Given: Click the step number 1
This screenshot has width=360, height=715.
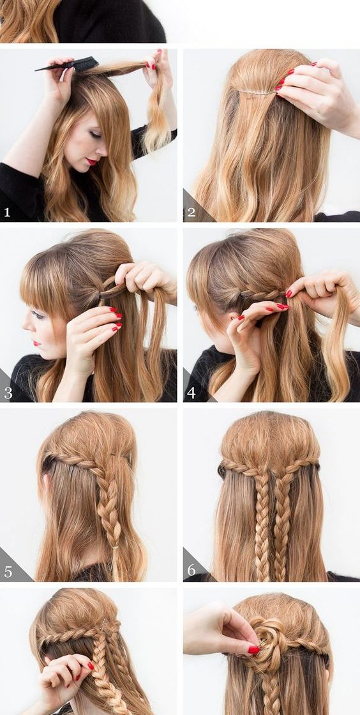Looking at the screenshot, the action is pyautogui.click(x=7, y=212).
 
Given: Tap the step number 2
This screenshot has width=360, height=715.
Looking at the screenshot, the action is pyautogui.click(x=191, y=212).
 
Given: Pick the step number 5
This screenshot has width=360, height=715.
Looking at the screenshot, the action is pyautogui.click(x=8, y=572).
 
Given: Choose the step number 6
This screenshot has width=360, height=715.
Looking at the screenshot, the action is pyautogui.click(x=191, y=570).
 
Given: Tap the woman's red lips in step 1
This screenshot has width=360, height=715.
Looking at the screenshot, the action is pyautogui.click(x=91, y=162).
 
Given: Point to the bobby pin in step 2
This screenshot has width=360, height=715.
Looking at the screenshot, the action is pyautogui.click(x=257, y=92).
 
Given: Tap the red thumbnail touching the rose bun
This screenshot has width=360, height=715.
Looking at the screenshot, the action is pyautogui.click(x=253, y=650).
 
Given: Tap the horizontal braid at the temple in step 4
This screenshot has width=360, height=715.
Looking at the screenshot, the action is pyautogui.click(x=259, y=294).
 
